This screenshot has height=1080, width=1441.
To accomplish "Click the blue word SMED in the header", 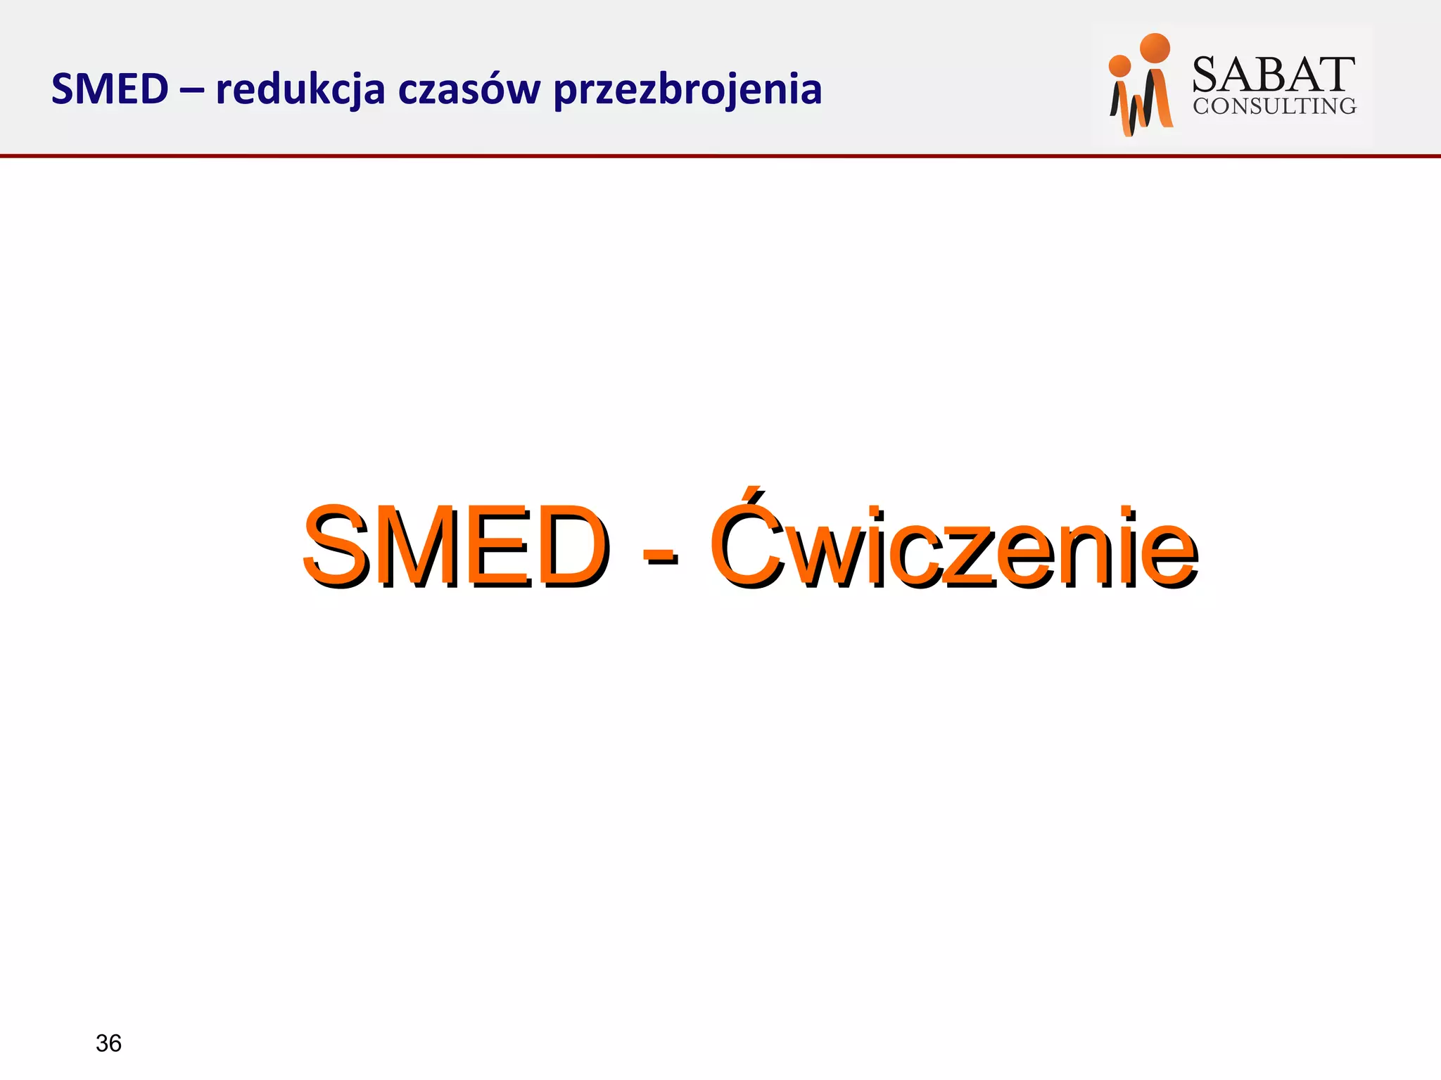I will coord(110,90).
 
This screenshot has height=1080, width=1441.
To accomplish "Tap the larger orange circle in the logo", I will coord(1155,48).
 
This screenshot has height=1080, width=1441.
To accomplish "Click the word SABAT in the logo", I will coord(1274,75).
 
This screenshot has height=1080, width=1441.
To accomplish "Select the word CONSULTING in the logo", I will coord(1274,106).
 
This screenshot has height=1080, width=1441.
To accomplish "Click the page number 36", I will coord(108,1043).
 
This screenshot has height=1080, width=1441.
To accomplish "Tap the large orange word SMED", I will coord(455,546).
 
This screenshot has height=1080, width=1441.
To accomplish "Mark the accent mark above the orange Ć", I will coord(754,497).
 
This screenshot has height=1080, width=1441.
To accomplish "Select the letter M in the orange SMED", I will coord(420,546).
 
